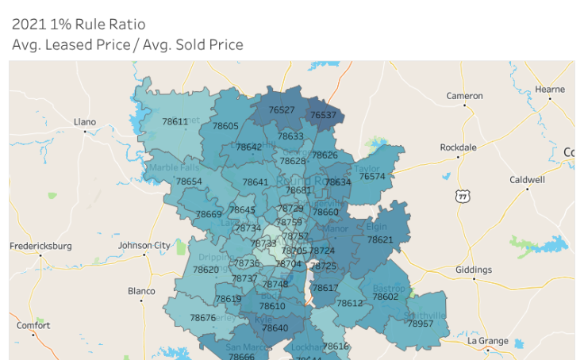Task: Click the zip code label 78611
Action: pos(175,121)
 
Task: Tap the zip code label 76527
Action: pos(282,110)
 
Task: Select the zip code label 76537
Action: pos(323,115)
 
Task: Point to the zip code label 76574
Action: pos(372,176)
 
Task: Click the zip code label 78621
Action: pos(380,239)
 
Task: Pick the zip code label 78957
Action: pos(421,324)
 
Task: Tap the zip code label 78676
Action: pos(202,318)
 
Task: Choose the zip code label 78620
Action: pos(206,270)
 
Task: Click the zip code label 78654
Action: pos(189,182)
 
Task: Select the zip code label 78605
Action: pos(225,126)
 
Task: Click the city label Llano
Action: pos(85,122)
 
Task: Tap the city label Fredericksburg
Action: pos(40,246)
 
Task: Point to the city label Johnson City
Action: pos(144,245)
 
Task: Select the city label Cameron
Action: pos(464,96)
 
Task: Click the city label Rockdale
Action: pos(459,147)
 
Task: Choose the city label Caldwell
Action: pos(527,180)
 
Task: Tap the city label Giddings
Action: pos(474,270)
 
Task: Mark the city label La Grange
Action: pos(488,341)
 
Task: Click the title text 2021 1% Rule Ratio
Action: pos(79,25)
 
